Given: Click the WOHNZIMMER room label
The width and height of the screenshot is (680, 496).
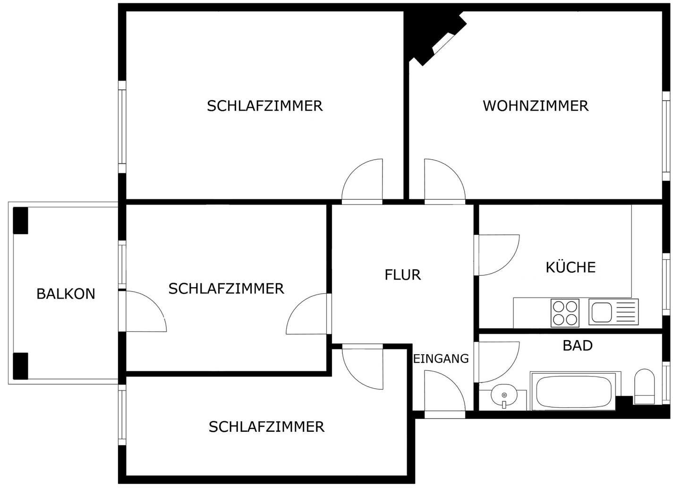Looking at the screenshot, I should pos(535,105).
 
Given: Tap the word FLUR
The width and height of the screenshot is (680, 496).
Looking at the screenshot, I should pos(402,274).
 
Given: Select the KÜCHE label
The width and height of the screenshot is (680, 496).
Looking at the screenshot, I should pos(570,267).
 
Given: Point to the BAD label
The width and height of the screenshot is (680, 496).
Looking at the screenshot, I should pos(577,345).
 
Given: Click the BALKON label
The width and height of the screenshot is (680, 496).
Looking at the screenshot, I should pos(66,294).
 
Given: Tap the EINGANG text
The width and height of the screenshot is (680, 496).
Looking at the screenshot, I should pos(441,359).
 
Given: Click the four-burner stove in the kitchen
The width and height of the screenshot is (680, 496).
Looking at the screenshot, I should pos(565,313).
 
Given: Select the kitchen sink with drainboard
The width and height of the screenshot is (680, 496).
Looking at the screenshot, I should pos(613,312).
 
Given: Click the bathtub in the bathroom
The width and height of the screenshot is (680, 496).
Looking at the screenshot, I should pos(573,392).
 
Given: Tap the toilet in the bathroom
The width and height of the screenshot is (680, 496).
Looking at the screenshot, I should pos(644,386).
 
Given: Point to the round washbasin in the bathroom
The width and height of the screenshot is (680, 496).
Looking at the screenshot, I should pos(504,396).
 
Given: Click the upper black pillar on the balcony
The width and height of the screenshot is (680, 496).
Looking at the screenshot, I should pos(20,221).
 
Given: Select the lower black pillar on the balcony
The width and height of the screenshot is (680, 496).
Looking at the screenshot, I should pos(20,366).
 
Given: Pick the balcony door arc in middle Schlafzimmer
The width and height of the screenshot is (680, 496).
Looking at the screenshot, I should pos(146,312).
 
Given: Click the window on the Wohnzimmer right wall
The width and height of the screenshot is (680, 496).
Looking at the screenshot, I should pos(666,136).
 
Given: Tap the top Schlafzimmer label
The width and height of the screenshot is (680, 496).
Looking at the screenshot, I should pos(264,106).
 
